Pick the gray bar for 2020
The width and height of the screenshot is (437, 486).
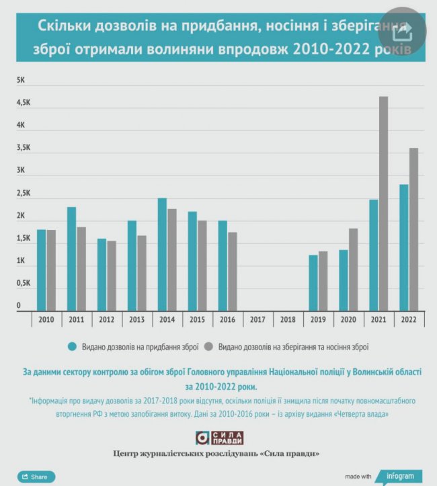[353, 270]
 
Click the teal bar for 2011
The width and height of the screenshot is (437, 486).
[71, 259]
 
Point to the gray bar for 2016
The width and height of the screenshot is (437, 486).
[233, 272]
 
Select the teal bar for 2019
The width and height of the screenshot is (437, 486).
[313, 283]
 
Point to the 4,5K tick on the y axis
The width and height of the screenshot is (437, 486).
[24, 103]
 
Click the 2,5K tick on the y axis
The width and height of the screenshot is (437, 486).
[24, 194]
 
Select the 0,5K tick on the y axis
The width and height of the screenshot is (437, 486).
[24, 283]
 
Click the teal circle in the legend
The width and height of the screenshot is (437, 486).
[72, 347]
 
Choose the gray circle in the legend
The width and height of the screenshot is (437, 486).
[208, 347]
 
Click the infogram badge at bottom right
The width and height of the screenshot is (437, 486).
[399, 475]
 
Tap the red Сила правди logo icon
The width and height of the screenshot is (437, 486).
[204, 438]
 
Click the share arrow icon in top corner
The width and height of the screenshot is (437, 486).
[402, 31]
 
